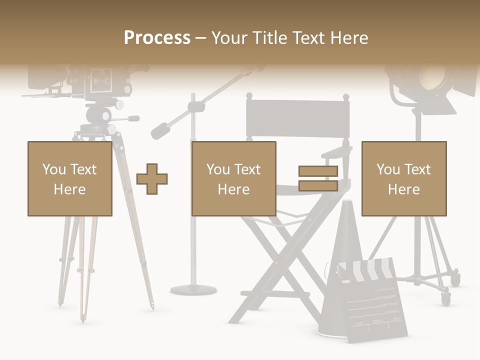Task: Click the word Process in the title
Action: click(157, 37)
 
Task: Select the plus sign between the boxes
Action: click(152, 179)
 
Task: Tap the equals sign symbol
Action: click(318, 178)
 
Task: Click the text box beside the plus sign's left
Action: click(69, 178)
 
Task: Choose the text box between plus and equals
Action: click(233, 178)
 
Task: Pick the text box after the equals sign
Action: click(403, 178)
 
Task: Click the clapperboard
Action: click(372, 305)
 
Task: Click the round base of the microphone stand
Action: click(193, 289)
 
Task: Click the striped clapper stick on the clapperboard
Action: click(367, 270)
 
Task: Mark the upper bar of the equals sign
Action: click(318, 171)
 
